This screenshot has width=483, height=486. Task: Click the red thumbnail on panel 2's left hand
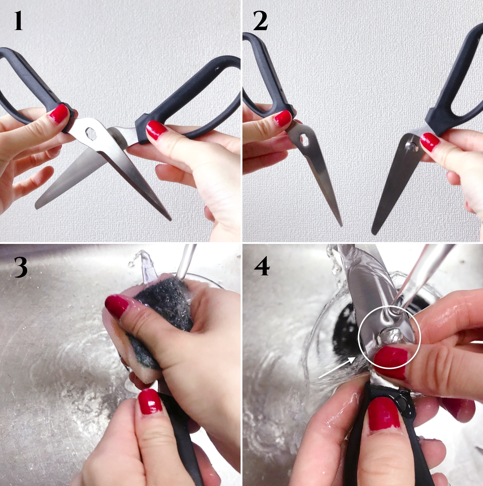[283, 118]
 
